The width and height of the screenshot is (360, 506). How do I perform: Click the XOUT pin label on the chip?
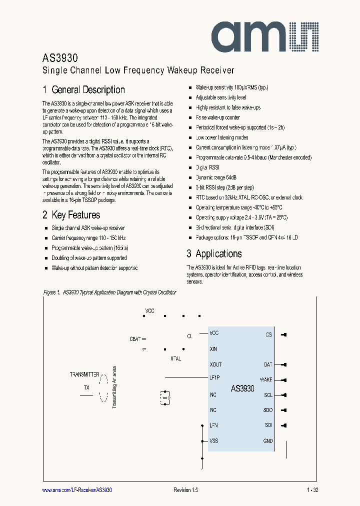coord(215,364)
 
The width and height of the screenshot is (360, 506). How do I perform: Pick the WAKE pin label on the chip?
coord(266,380)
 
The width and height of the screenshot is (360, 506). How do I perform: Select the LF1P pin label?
coord(215,379)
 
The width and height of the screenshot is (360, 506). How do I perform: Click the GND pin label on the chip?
coord(267,441)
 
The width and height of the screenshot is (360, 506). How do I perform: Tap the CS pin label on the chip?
coord(268,334)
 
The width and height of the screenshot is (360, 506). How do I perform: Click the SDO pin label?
coord(267,410)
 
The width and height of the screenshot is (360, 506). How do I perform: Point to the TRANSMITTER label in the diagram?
coord(84,374)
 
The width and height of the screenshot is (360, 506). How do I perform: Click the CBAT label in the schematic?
coord(135,339)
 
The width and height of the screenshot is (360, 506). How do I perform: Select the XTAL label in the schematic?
coord(176,358)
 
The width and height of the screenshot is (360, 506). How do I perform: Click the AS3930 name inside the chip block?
coord(242,388)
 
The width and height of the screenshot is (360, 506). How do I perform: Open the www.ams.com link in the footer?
coord(77,490)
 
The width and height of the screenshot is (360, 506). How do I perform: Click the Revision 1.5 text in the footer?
coord(186,490)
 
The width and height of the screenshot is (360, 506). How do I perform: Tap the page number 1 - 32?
coord(312,490)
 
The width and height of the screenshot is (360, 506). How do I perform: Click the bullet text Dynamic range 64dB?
coord(216,177)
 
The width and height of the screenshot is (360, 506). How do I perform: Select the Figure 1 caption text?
coord(109,292)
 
